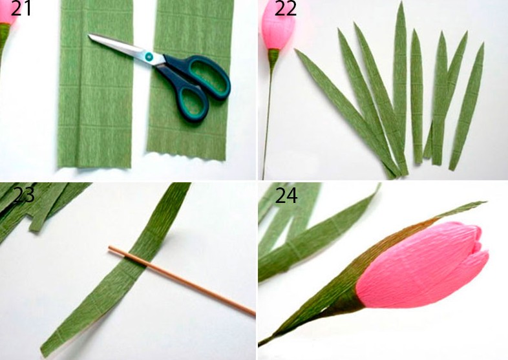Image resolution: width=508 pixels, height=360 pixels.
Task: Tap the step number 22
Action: pos(286,8)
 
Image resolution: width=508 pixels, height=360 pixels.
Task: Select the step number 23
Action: pos(24,195)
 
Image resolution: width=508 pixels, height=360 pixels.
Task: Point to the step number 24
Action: pos(286,195)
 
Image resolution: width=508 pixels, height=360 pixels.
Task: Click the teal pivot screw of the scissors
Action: pos(149,56)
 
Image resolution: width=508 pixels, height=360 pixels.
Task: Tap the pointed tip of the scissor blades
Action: pos(89,36)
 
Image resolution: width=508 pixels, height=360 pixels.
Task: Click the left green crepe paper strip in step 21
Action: pos(96,83)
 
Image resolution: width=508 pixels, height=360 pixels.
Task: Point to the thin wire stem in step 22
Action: pos(268,123)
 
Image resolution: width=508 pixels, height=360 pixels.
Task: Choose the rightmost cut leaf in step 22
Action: pos(467,107)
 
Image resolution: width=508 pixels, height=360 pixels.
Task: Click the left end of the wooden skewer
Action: pos(110,248)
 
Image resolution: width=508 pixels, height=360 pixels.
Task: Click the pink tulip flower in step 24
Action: pos(421,265)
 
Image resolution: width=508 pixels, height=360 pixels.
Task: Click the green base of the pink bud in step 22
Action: pos(273,56)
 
